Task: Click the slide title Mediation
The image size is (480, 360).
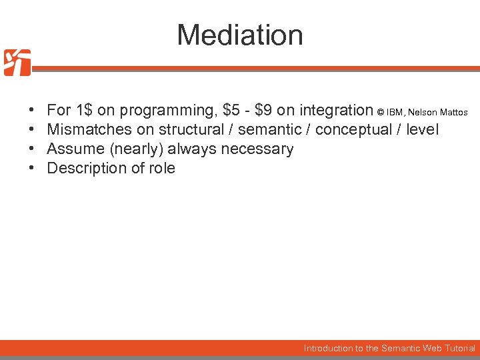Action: pyautogui.click(x=240, y=35)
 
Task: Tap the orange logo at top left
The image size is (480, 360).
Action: pyautogui.click(x=17, y=63)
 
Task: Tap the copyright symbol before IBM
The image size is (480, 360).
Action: pyautogui.click(x=381, y=112)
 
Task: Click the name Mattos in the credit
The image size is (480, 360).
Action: pyautogui.click(x=453, y=112)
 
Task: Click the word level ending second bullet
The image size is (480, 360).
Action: pyautogui.click(x=422, y=129)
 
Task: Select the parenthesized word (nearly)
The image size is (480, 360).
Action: pyautogui.click(x=133, y=149)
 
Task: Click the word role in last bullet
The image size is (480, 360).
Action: pyautogui.click(x=162, y=168)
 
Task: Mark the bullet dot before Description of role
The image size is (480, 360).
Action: pyautogui.click(x=32, y=168)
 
